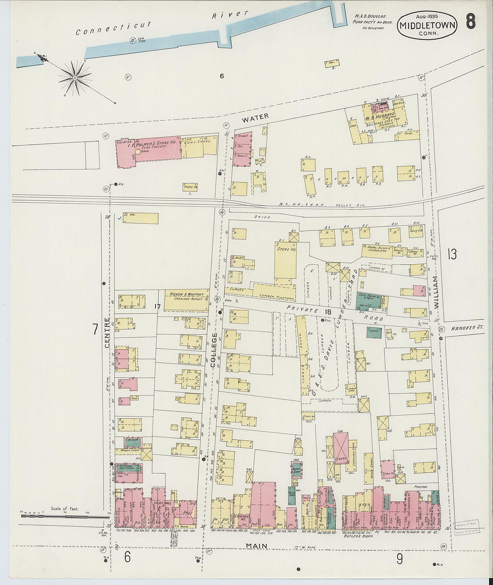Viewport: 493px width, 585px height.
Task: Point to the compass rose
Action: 74,78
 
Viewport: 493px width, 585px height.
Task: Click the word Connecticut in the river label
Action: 113,28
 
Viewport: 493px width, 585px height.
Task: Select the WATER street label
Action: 255,117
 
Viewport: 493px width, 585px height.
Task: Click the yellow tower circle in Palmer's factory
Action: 138,152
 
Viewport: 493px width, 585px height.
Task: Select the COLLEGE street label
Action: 214,350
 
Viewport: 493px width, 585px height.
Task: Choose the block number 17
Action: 157,307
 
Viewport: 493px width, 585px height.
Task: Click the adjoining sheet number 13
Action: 452,255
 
